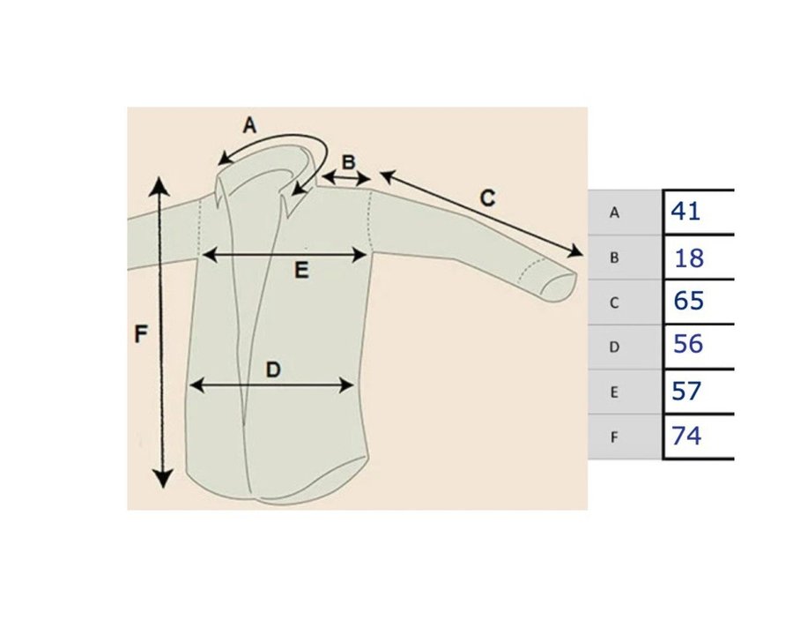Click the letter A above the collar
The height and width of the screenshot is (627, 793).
(249, 125)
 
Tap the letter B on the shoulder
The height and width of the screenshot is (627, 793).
(349, 162)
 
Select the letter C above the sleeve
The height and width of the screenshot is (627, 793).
(487, 198)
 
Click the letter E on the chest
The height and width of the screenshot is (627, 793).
(301, 272)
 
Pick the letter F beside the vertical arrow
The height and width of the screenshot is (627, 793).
(141, 334)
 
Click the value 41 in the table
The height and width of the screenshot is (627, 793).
(685, 212)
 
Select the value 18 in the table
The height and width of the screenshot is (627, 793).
(688, 258)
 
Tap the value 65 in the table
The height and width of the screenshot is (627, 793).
(688, 302)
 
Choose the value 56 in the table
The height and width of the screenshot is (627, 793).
(687, 345)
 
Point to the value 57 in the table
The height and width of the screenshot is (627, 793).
(686, 391)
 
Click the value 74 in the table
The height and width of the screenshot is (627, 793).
(686, 436)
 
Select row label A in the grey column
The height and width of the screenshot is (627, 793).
(615, 213)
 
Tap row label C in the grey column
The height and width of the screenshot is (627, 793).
(615, 302)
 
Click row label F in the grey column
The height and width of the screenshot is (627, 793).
(615, 437)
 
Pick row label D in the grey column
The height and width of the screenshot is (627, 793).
(615, 347)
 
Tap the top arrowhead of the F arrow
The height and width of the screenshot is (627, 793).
(159, 184)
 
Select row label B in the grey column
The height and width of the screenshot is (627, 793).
(615, 258)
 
